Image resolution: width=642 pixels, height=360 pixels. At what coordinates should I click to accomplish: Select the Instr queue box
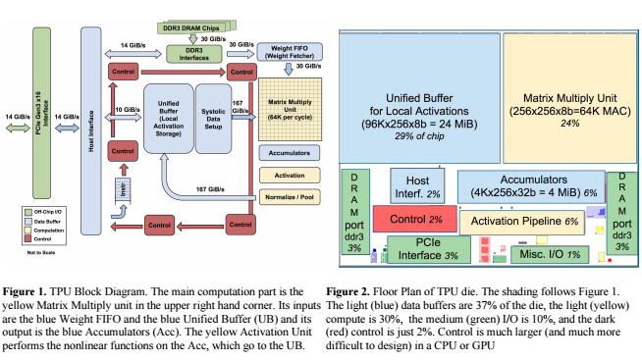[x=125, y=188]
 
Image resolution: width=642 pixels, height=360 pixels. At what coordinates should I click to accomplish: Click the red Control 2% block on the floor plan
[x=413, y=218]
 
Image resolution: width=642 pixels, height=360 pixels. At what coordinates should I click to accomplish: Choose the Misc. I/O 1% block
[x=552, y=254]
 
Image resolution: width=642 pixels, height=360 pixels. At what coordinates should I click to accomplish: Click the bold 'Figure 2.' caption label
[x=348, y=291]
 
